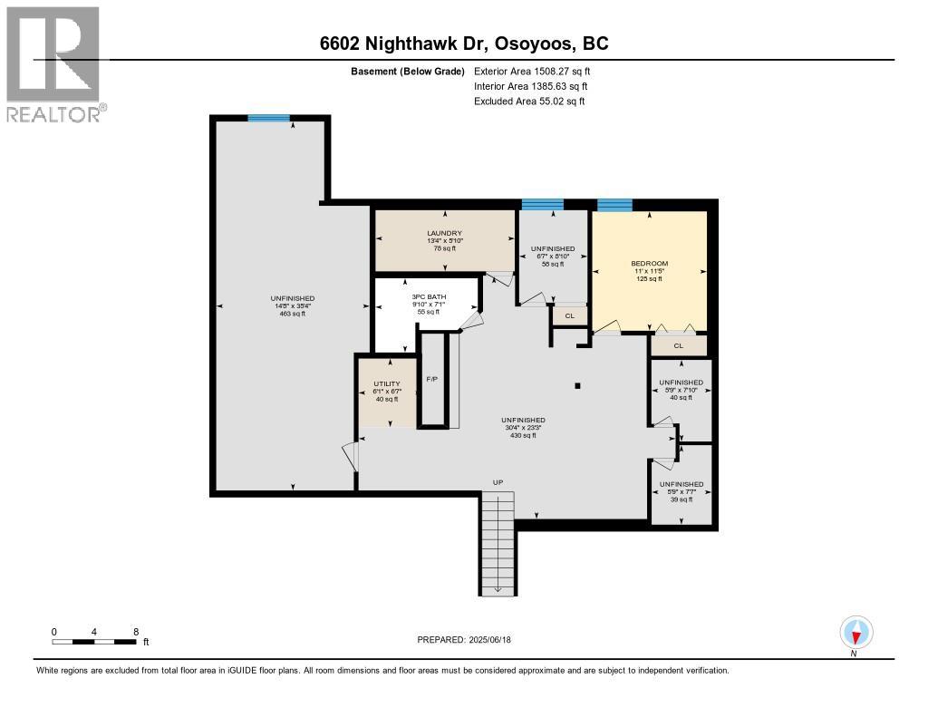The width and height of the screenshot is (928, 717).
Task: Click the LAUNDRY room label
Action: click(x=445, y=233)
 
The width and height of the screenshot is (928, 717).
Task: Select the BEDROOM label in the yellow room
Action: click(x=649, y=264)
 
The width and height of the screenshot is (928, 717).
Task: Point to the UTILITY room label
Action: click(x=386, y=383)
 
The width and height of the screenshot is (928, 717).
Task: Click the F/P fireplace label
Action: click(x=432, y=379)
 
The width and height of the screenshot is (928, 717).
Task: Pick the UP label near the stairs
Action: click(x=498, y=482)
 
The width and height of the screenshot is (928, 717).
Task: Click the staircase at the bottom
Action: click(x=497, y=544)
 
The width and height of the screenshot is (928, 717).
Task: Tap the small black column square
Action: click(x=578, y=385)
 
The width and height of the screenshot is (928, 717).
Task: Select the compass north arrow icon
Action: click(x=855, y=632)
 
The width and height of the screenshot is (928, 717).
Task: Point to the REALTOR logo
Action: click(x=54, y=63)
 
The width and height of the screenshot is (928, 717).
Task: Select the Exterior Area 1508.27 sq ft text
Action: click(x=532, y=71)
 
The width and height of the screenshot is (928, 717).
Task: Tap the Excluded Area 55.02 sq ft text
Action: click(x=529, y=102)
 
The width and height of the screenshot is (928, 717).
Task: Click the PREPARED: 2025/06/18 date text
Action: click(x=464, y=639)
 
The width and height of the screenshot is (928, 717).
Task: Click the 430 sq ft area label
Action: click(x=524, y=435)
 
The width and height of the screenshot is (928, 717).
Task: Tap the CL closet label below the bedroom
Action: click(x=678, y=345)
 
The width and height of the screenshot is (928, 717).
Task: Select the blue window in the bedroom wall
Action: click(x=614, y=205)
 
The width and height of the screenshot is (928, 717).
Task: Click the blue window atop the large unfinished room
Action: click(x=269, y=119)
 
